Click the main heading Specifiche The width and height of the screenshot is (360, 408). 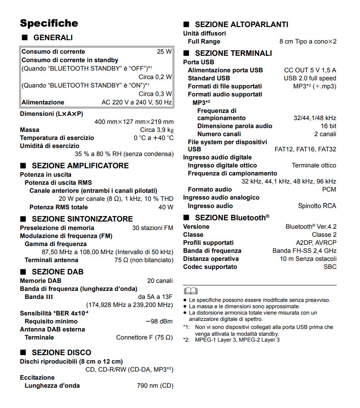[49, 23]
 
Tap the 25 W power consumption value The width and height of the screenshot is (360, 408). [164, 52]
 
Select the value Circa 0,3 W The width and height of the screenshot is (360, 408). [155, 94]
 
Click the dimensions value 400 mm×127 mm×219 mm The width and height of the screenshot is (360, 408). [134, 122]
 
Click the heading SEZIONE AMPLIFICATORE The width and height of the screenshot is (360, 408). [80, 165]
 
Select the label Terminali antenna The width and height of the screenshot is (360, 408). [51, 260]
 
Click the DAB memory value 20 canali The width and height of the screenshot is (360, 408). [160, 281]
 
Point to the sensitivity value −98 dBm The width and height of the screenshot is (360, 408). [159, 321]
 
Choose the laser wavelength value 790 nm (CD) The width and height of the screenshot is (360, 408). [155, 386]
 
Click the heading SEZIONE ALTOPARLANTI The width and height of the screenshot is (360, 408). [241, 25]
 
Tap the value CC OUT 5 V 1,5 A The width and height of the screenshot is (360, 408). [310, 70]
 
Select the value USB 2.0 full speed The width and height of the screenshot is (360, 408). [310, 78]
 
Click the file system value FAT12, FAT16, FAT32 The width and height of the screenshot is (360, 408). [305, 149]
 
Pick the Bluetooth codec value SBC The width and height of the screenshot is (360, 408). [330, 267]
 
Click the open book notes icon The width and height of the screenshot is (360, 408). [190, 291]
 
